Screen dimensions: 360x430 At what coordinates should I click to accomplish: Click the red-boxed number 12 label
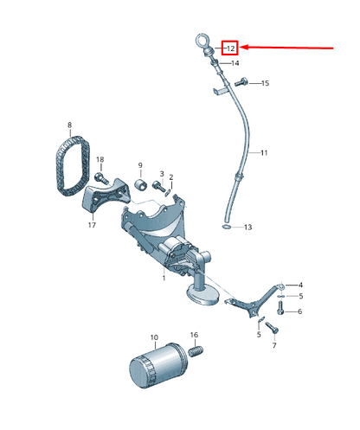[230, 48]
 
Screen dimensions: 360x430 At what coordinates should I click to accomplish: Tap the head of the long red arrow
[242, 48]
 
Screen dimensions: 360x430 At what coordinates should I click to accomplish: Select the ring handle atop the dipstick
[201, 40]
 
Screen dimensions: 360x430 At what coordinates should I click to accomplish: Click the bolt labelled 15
[241, 82]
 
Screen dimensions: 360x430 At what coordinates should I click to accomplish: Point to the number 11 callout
[264, 152]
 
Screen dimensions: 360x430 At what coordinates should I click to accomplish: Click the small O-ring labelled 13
[227, 227]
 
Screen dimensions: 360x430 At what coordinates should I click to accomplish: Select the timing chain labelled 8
[73, 165]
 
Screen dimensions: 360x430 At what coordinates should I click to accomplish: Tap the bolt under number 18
[101, 177]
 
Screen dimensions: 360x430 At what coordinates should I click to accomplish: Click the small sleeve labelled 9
[141, 184]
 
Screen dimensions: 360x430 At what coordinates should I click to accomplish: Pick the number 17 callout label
[92, 225]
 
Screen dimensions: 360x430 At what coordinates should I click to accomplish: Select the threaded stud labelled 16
[196, 350]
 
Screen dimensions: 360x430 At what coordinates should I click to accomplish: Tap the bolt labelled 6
[280, 308]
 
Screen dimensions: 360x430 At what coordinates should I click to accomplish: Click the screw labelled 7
[272, 327]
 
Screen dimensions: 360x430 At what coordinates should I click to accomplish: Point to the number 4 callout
[300, 286]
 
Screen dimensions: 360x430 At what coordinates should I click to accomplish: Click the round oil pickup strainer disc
[203, 295]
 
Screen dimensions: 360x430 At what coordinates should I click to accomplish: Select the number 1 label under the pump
[164, 278]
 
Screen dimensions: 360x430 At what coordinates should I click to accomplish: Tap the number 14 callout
[235, 63]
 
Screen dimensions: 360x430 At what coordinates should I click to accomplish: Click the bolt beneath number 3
[158, 185]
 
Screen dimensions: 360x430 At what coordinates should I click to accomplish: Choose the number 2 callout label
[171, 177]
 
